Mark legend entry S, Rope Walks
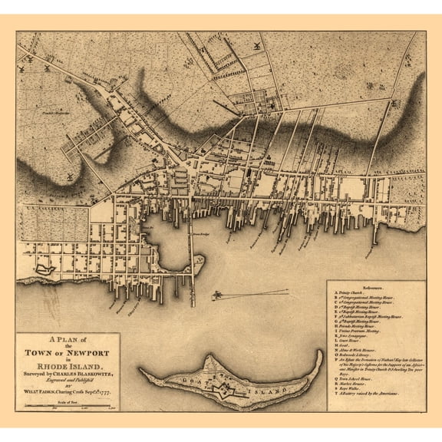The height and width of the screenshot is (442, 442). pos(352,397)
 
